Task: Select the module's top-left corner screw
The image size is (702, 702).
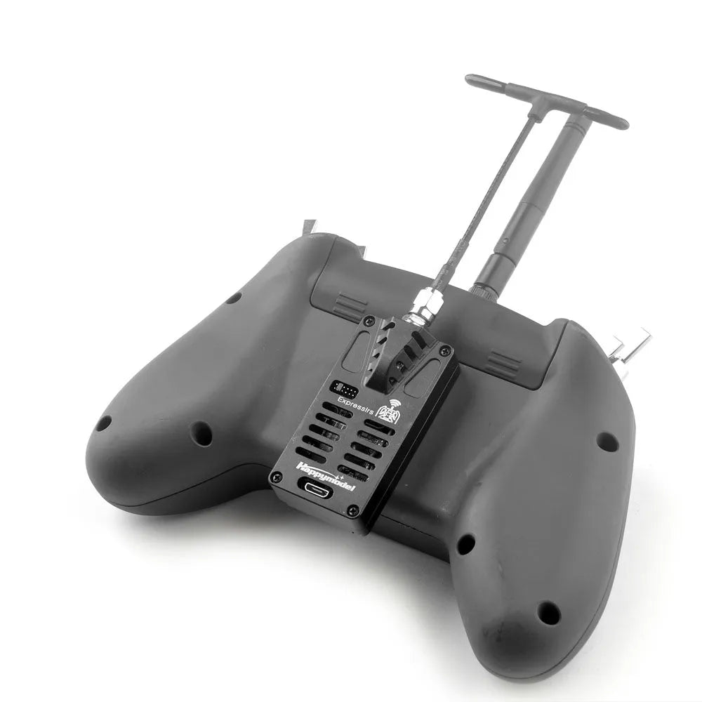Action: [369, 321]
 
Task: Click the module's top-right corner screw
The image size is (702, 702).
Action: [446, 350]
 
